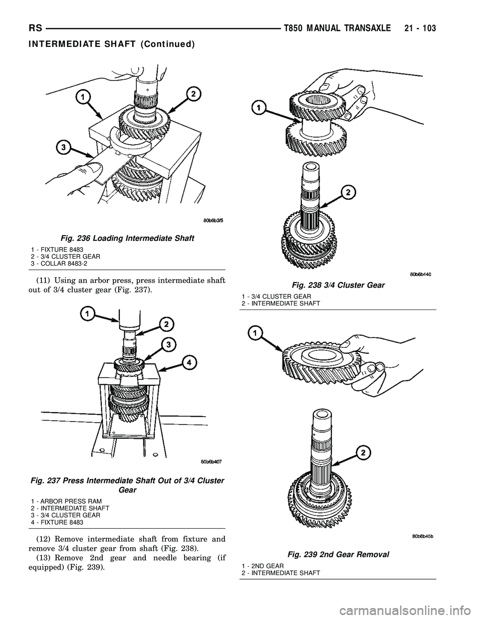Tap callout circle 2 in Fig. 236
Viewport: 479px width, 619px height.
tap(193, 93)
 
